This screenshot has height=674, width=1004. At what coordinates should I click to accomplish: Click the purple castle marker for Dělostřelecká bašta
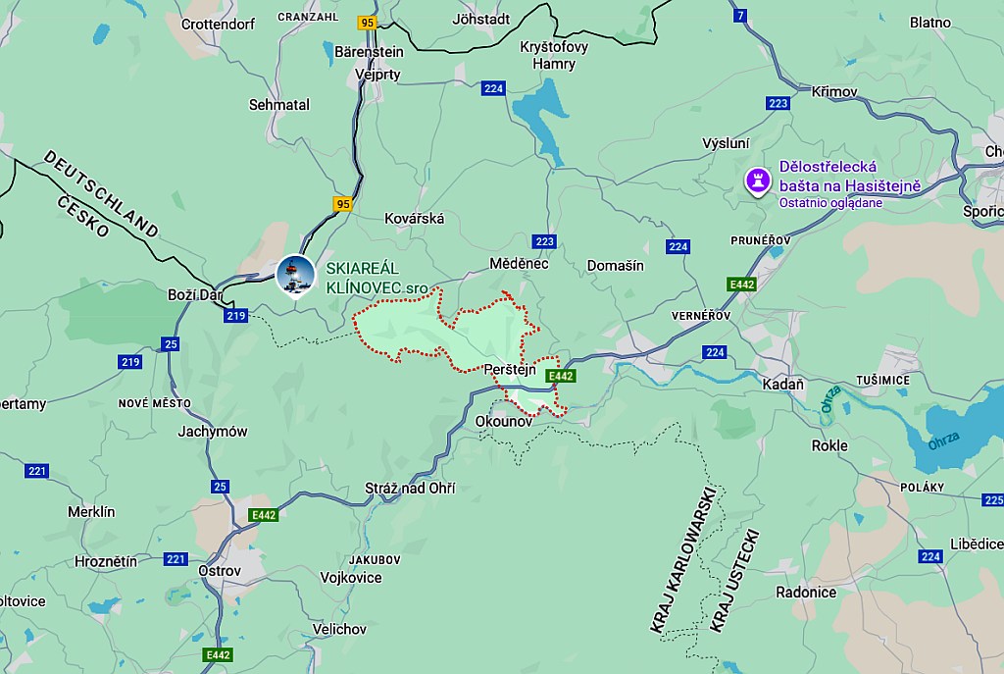(x=756, y=181)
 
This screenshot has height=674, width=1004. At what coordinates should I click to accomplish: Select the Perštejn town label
(x=510, y=370)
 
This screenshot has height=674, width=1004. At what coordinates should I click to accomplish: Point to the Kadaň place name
(x=782, y=384)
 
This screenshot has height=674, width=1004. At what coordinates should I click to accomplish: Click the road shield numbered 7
(x=739, y=15)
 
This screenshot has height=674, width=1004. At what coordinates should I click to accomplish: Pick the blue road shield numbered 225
(x=992, y=500)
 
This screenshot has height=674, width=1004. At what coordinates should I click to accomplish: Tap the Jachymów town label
(x=213, y=432)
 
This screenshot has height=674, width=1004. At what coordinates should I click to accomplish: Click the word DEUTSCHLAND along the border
(x=101, y=193)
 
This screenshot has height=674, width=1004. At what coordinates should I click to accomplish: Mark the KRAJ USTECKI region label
(x=734, y=580)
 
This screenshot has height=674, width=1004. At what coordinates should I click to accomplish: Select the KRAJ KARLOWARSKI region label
(x=682, y=558)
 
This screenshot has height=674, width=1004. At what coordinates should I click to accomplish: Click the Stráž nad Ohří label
(x=410, y=489)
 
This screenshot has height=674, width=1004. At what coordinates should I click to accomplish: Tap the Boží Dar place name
(x=194, y=295)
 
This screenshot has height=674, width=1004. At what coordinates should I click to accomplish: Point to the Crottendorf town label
(x=218, y=23)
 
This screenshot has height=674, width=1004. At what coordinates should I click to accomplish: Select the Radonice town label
(x=806, y=593)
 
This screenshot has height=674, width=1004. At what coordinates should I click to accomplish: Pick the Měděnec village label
(x=519, y=264)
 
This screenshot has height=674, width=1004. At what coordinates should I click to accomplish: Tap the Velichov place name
(x=338, y=629)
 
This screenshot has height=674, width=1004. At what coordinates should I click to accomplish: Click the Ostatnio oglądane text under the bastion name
(x=830, y=203)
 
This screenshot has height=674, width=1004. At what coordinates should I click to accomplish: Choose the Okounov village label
(x=503, y=421)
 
